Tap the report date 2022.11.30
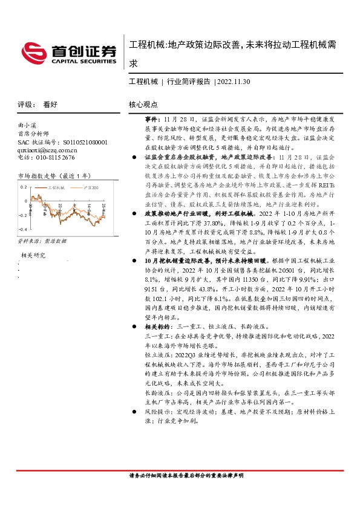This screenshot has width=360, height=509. (x=234, y=82)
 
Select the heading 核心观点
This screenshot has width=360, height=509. (x=143, y=104)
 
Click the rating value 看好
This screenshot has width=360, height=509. (x=50, y=104)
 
